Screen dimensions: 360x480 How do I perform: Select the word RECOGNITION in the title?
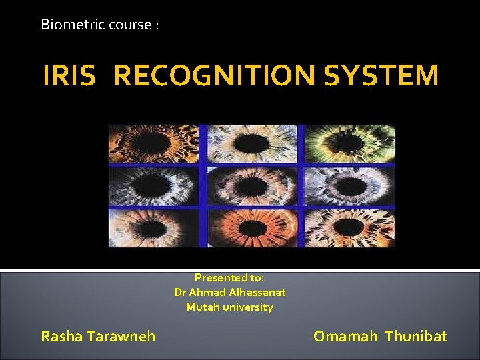[x=214, y=76]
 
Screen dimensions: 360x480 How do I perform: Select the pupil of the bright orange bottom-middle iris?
[x=251, y=228]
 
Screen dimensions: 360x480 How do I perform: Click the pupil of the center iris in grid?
[x=251, y=186]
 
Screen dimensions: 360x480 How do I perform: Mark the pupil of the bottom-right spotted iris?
[x=349, y=228]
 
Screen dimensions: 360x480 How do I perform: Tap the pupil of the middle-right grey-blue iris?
[x=349, y=186]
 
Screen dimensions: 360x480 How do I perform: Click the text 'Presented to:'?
[x=229, y=277]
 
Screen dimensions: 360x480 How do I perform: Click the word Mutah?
[x=201, y=307]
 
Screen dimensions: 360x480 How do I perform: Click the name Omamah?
[x=345, y=336]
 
